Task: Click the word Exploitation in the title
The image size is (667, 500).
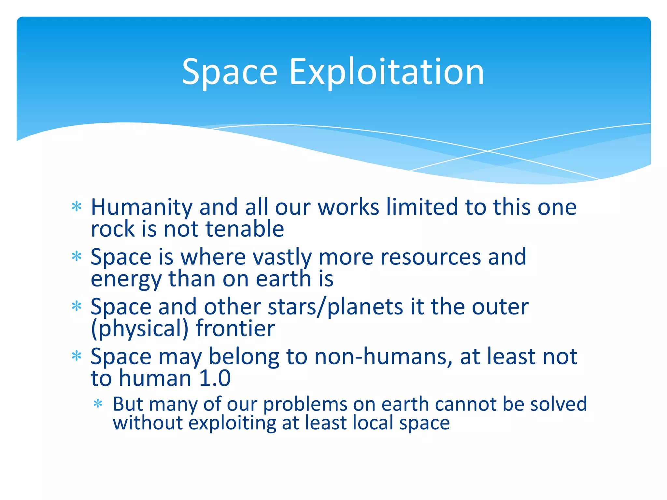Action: [x=387, y=72]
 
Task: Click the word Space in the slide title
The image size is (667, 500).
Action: [x=229, y=72]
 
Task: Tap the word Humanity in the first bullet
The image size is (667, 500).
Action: [x=141, y=208]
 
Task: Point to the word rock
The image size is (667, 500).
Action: [x=112, y=229]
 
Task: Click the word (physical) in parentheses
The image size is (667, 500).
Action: [x=140, y=329]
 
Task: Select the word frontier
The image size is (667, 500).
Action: [x=235, y=329]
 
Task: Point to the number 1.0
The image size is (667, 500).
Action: [x=215, y=379]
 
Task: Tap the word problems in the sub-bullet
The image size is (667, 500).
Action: [x=305, y=405]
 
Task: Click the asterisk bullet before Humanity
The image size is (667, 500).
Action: [x=77, y=207]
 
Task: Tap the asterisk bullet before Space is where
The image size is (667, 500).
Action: [x=77, y=257]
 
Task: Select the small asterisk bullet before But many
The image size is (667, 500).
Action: [x=98, y=404]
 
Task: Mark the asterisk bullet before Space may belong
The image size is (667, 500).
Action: [x=77, y=356]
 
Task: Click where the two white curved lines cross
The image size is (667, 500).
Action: [x=488, y=151]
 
